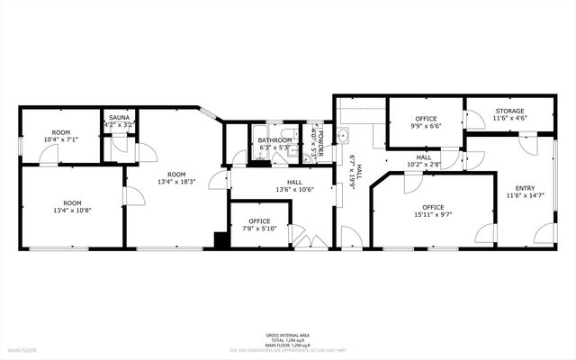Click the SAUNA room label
[119, 118]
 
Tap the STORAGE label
[509, 111]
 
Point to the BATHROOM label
[274, 140]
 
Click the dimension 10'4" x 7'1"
[61, 139]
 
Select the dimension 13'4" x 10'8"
[71, 211]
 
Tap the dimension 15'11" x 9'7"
[434, 215]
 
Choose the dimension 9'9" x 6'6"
[426, 127]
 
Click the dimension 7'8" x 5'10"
[260, 229]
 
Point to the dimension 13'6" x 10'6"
[293, 189]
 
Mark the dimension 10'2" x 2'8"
[423, 165]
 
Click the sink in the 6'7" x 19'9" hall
[342, 138]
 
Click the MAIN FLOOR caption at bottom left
[22, 349]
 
